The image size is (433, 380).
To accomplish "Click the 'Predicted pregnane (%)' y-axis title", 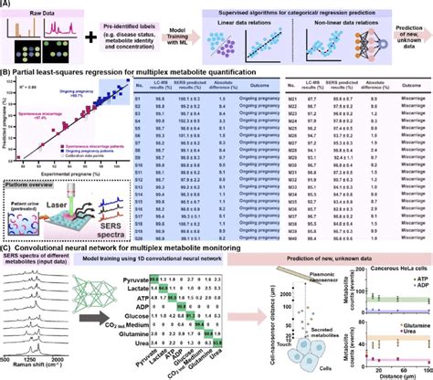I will coord(6,119).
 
